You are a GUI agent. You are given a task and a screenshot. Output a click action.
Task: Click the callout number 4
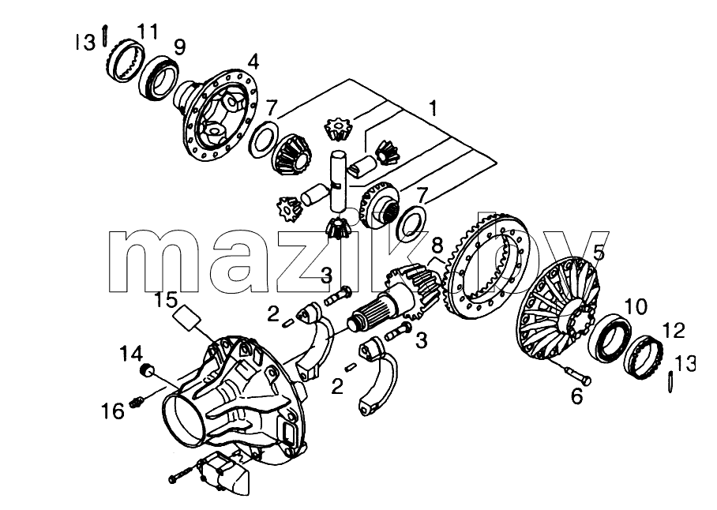[x=253, y=62]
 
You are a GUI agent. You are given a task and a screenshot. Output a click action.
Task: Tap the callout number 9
[x=179, y=47]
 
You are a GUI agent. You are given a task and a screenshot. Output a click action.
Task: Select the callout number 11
[x=148, y=32]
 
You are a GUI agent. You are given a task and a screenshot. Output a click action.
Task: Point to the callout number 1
[x=432, y=108]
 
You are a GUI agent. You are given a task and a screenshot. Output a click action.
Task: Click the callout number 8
[x=437, y=246]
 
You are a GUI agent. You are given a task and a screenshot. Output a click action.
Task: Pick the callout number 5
[x=599, y=253]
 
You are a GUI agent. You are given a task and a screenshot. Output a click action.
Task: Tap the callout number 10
[x=635, y=306]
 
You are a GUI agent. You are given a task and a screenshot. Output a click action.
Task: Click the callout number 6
[x=576, y=396]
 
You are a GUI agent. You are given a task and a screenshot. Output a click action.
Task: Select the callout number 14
[x=131, y=354]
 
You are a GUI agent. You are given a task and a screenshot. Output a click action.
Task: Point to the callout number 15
[x=166, y=300]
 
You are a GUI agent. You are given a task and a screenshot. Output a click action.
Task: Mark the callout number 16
[x=113, y=411]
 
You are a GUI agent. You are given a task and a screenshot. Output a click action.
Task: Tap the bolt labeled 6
[x=578, y=375]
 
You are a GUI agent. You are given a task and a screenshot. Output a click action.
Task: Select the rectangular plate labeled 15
[x=188, y=317]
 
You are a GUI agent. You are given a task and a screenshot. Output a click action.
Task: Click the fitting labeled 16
[x=137, y=402]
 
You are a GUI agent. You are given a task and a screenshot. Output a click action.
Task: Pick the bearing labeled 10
[x=609, y=338]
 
